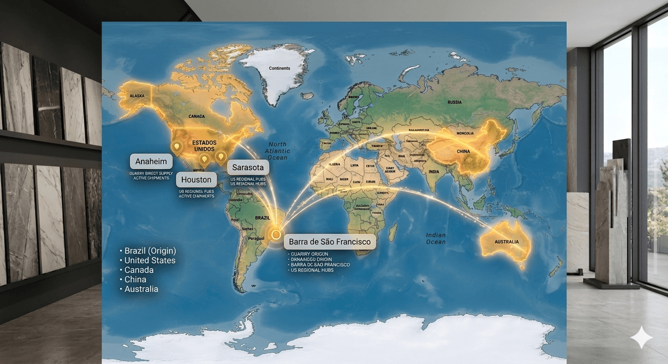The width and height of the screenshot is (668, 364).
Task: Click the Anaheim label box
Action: click(x=151, y=161)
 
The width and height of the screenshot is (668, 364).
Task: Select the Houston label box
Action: click(x=196, y=180)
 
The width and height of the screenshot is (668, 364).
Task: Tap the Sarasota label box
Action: click(x=248, y=168)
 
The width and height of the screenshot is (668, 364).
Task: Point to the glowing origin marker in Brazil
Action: click(x=275, y=233)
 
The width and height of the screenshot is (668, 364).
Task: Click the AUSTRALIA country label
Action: click(x=507, y=242)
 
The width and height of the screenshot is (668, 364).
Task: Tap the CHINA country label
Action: click(x=463, y=152)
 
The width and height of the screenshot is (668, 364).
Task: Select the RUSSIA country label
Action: click(x=454, y=102)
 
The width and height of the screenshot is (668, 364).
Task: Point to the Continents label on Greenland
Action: click(x=279, y=68)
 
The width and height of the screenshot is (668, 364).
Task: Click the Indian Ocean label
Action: click(x=436, y=238)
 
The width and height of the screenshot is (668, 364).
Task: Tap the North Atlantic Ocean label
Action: click(x=277, y=151)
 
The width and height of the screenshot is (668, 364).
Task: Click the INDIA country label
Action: click(x=433, y=172)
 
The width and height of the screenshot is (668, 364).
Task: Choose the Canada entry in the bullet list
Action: click(x=139, y=270)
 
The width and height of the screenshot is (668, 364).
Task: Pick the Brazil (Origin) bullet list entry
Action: click(x=150, y=251)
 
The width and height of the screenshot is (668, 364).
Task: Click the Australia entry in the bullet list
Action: click(x=141, y=289)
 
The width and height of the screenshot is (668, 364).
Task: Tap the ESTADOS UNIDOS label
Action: click(x=204, y=146)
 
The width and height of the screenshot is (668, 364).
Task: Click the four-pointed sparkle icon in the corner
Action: click(x=641, y=337)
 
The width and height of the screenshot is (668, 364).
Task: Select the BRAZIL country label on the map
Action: click(x=262, y=218)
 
